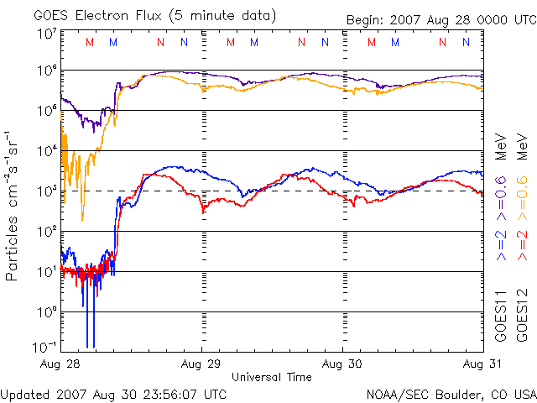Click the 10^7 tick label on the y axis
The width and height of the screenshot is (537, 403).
pyautogui.click(x=46, y=34)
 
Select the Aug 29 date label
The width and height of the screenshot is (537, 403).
pyautogui.click(x=202, y=365)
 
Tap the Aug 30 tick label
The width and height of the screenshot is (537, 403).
pyautogui.click(x=343, y=365)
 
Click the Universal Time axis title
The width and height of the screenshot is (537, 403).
pyautogui.click(x=272, y=377)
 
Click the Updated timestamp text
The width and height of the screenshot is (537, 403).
pyautogui.click(x=114, y=393)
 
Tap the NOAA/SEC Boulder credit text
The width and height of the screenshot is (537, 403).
pyautogui.click(x=451, y=393)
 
